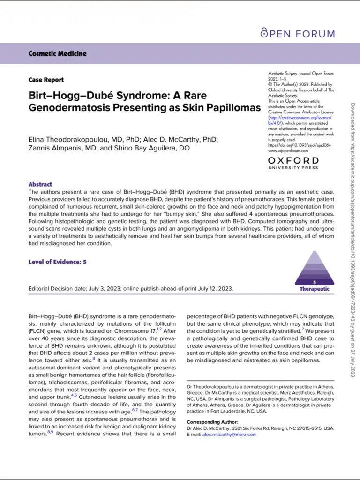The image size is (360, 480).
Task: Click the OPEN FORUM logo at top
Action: point(298,33)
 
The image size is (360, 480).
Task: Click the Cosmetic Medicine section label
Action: point(58,53)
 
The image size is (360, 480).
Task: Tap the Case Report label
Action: point(46,80)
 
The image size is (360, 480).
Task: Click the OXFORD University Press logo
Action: point(293,164)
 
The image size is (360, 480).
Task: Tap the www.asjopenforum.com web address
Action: point(288,151)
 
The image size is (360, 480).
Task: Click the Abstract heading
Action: point(40,184)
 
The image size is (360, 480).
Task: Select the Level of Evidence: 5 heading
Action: point(57,262)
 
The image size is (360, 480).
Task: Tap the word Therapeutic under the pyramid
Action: point(315,289)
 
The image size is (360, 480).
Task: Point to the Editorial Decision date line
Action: point(131,289)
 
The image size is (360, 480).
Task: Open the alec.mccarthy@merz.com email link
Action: point(229,435)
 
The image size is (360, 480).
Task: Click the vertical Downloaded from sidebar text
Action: point(353,234)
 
